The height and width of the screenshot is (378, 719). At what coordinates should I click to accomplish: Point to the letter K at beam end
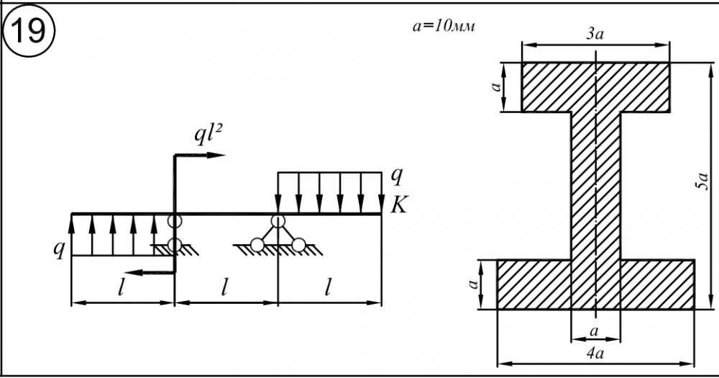398,206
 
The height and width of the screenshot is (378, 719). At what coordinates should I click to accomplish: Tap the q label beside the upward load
60,249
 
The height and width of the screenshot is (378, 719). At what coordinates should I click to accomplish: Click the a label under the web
595,329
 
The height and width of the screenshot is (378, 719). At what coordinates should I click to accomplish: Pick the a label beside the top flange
493,86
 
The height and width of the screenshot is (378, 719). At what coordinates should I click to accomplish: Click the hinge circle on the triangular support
278,222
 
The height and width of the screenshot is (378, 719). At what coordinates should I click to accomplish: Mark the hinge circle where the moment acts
174,221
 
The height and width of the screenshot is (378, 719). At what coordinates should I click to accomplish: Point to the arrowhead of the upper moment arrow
219,155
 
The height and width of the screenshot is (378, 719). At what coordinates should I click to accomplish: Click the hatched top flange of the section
595,86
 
